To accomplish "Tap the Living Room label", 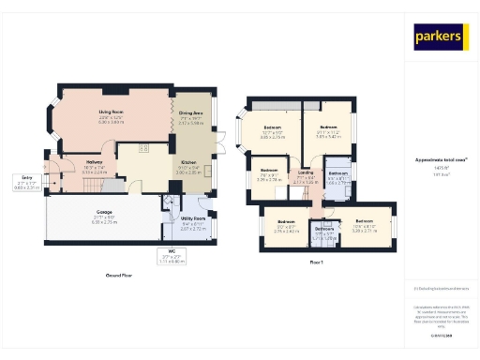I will [x=112, y=115].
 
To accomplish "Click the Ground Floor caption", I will [x=119, y=277].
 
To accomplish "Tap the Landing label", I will [x=305, y=173].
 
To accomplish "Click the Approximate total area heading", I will [x=442, y=159].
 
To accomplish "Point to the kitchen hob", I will [x=146, y=148].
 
